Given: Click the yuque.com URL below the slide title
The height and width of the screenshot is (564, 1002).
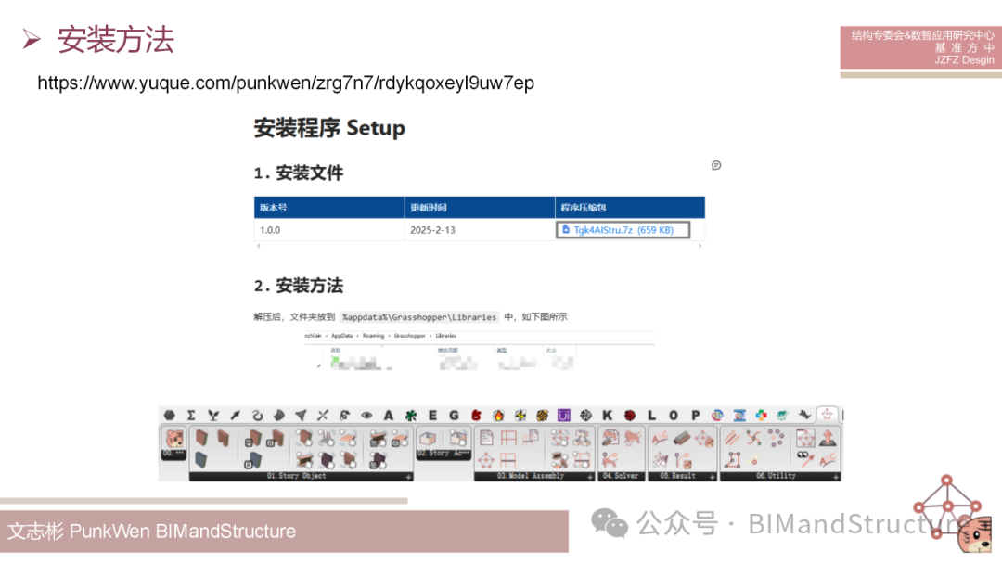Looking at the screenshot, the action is [286, 83].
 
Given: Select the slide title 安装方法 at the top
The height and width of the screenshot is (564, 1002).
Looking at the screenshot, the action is [115, 40].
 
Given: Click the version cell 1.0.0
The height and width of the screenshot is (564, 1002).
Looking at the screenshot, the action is [270, 230].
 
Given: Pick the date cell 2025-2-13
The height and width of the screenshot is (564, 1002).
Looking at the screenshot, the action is [433, 230].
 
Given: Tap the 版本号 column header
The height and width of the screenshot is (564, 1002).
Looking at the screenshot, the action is [274, 208].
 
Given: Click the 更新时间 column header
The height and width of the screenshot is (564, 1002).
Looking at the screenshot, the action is [430, 208].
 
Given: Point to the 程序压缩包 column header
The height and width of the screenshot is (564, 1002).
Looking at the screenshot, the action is [583, 208].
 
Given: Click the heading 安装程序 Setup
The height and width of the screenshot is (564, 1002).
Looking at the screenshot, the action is [329, 128].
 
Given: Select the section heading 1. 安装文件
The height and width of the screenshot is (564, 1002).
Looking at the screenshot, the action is [299, 173].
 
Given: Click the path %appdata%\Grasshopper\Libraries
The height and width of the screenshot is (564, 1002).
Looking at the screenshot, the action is [419, 317].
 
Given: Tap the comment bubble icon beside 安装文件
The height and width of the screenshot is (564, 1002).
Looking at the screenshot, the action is [716, 165].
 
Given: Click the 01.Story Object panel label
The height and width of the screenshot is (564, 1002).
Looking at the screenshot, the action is [297, 477].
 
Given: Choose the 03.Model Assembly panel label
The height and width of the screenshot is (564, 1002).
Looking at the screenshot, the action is [531, 477].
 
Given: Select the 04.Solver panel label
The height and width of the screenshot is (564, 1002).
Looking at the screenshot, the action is [620, 477].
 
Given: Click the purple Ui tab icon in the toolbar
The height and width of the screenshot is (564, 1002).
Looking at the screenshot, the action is [563, 416].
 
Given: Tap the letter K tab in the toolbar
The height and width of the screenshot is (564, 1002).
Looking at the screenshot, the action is [608, 416].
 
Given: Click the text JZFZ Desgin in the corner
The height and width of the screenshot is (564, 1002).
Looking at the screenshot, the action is [964, 60].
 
